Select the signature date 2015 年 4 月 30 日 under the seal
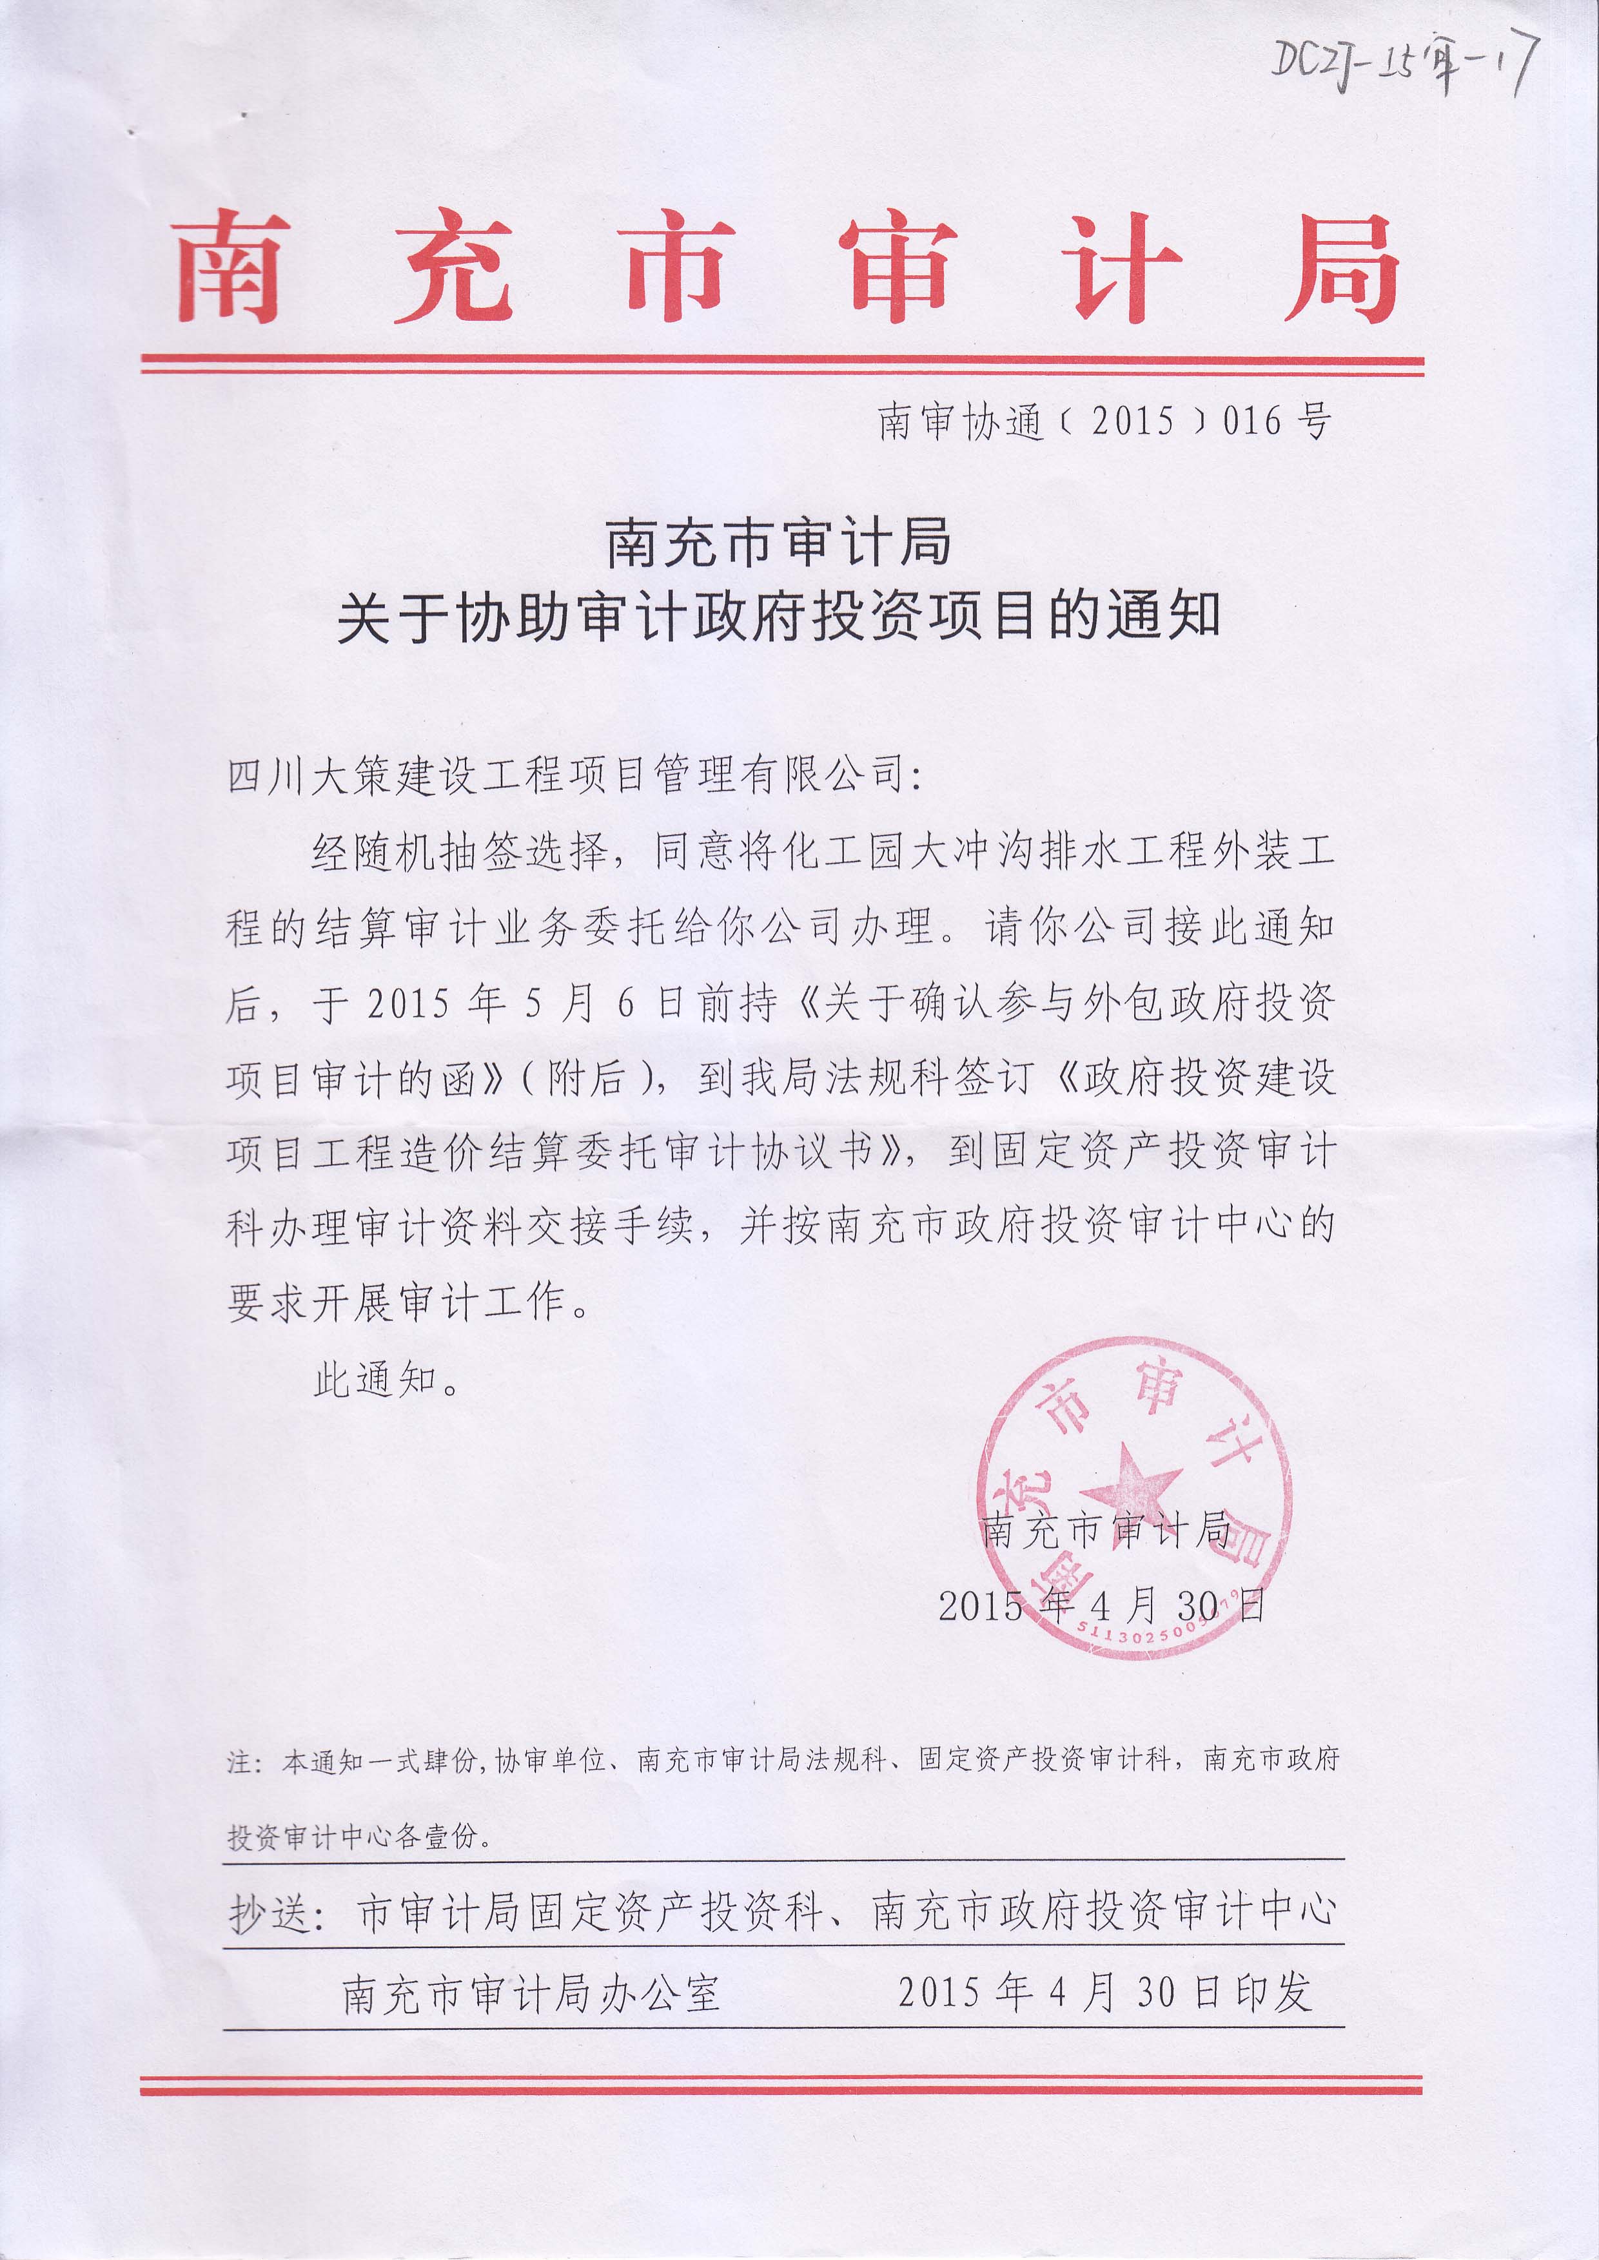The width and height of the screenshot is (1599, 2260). pyautogui.click(x=1101, y=1607)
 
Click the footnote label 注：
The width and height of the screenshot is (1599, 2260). pyautogui.click(x=243, y=1761)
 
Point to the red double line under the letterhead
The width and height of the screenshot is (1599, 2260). pyautogui.click(x=783, y=365)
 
